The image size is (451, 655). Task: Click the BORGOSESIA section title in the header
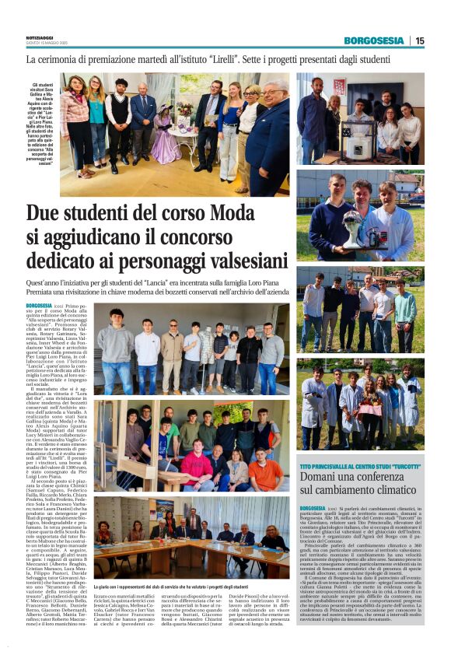pyautogui.click(x=375, y=40)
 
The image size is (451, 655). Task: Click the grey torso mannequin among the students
pyautogui.click(x=205, y=346)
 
